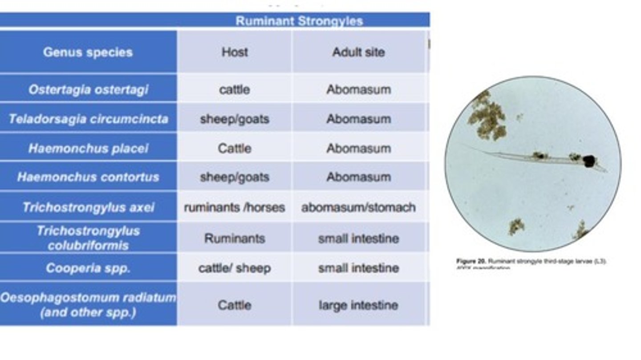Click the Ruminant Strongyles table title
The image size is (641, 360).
(299, 21)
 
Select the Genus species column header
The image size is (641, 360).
(88, 52)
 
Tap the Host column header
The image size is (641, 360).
(235, 52)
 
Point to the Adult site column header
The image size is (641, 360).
(358, 52)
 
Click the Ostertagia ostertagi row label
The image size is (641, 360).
(88, 89)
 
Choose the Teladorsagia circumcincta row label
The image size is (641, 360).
(88, 119)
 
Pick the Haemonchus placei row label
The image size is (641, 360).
(88, 148)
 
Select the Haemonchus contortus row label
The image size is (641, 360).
(88, 177)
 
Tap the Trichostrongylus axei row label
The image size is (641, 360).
(88, 207)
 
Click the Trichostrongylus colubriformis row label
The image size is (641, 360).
(88, 238)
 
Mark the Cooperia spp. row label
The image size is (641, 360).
(88, 268)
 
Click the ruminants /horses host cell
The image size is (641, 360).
(235, 207)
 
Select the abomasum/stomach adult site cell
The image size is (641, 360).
(358, 207)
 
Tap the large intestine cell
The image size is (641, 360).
(358, 305)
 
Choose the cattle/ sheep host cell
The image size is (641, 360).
(235, 268)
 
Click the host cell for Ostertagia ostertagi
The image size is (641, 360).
(235, 89)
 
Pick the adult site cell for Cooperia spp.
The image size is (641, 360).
(358, 268)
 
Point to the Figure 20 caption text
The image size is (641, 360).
(531, 262)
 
